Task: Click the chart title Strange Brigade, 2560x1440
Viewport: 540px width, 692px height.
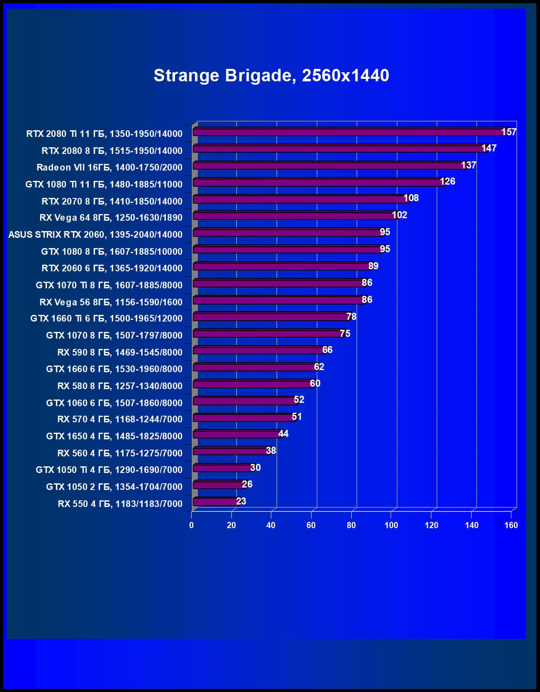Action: click(271, 76)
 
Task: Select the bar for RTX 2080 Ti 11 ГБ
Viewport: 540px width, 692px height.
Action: click(348, 132)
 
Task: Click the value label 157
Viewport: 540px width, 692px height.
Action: click(508, 132)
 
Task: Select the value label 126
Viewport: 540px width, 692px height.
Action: click(448, 181)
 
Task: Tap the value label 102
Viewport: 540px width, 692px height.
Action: click(399, 215)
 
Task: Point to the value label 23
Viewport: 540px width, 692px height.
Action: click(241, 501)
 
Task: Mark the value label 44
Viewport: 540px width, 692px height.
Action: click(283, 434)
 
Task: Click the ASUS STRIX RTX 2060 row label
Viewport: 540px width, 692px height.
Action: click(95, 234)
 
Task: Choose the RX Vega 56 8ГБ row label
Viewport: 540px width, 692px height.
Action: click(111, 302)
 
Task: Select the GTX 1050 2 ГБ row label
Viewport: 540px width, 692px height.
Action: click(114, 487)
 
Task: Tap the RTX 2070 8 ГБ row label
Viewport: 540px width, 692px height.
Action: click(112, 201)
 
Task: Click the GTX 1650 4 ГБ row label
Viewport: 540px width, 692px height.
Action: click(114, 436)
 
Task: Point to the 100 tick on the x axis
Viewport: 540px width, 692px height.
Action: click(391, 525)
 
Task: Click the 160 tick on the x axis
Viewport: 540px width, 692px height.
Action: click(511, 525)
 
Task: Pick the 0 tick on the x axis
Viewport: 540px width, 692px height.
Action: click(191, 525)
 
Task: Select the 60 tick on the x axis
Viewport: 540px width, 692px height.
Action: click(311, 525)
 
